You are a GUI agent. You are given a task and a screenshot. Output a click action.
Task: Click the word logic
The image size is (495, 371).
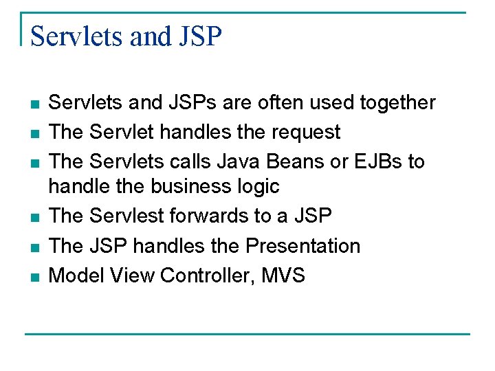coord(256,186)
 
